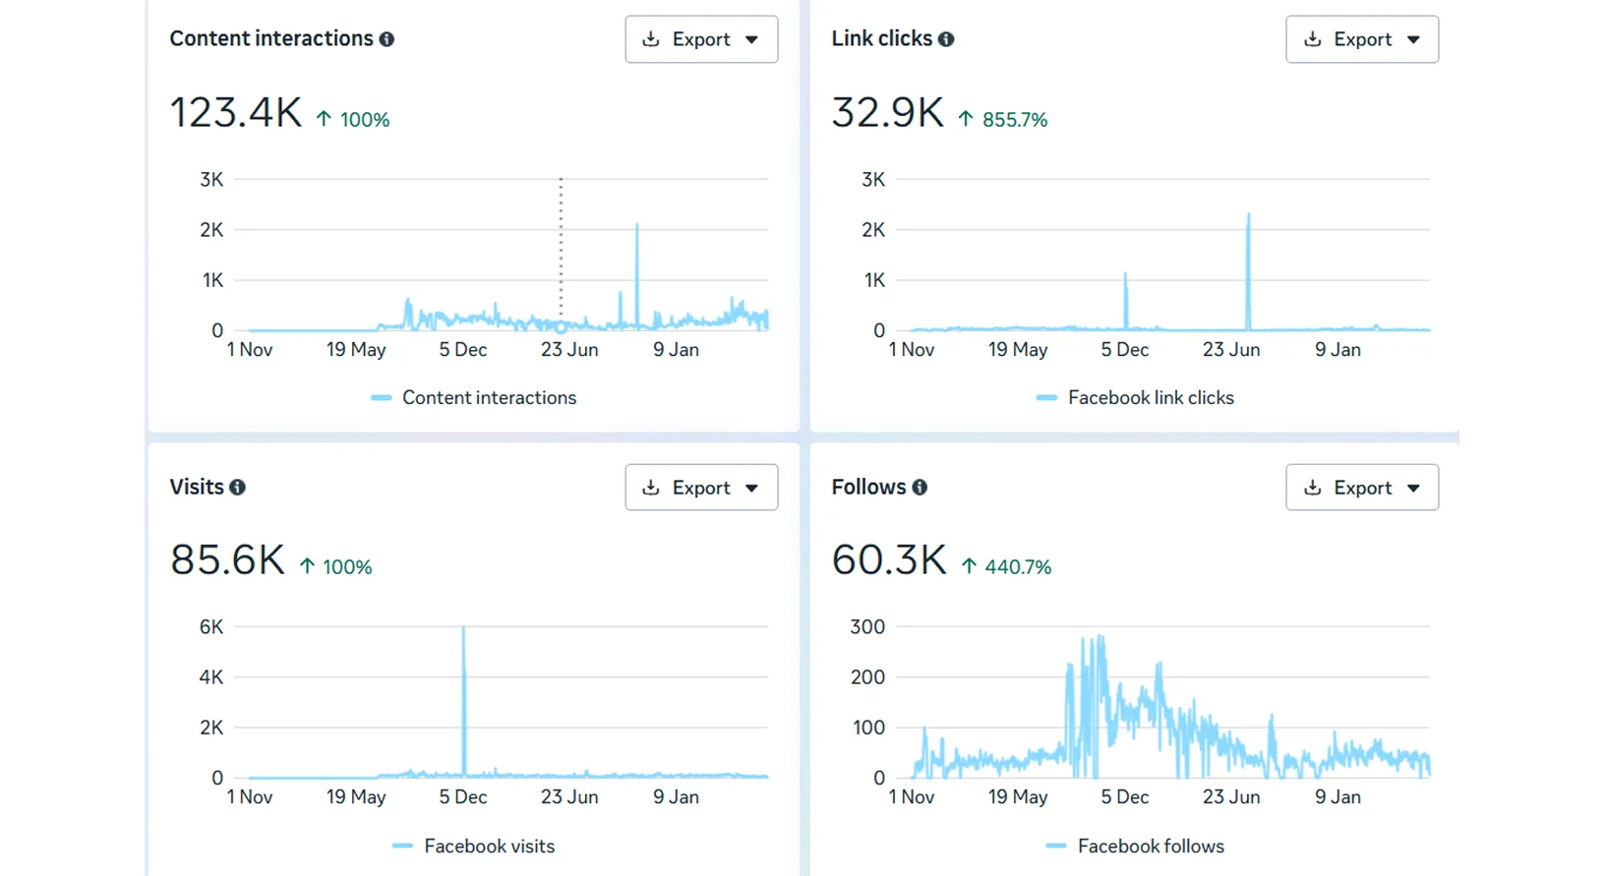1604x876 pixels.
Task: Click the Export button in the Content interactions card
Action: click(x=701, y=39)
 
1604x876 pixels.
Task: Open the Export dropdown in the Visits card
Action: click(x=701, y=488)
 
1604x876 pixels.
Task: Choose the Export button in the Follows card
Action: click(x=1362, y=488)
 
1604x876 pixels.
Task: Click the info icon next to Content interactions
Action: click(x=386, y=39)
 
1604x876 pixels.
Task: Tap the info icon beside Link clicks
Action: click(x=946, y=39)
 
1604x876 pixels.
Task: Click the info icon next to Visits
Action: click(x=237, y=488)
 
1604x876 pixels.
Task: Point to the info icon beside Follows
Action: click(x=920, y=488)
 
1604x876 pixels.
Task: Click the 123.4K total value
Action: click(x=236, y=113)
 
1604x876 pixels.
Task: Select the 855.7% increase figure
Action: click(x=1015, y=120)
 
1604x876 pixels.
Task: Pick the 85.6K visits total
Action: click(x=227, y=559)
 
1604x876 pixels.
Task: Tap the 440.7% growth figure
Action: click(x=1018, y=567)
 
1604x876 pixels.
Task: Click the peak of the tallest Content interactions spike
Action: click(x=636, y=225)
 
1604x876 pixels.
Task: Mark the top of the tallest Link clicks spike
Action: click(x=1248, y=214)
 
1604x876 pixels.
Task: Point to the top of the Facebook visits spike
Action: click(x=463, y=627)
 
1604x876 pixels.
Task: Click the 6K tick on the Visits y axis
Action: click(x=211, y=627)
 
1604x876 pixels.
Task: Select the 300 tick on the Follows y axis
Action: click(x=867, y=627)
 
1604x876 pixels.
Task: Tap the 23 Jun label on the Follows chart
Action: click(x=1231, y=796)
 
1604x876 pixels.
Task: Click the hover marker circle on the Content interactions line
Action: click(x=561, y=327)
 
